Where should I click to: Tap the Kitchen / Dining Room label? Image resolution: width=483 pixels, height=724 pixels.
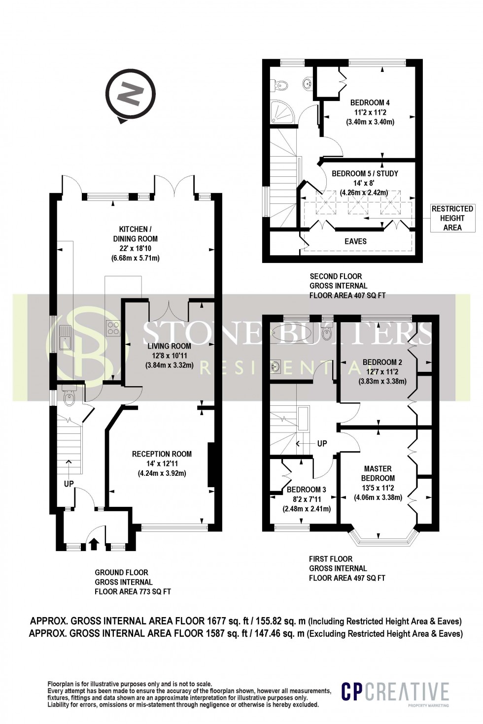136,243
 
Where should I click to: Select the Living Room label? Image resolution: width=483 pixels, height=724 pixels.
169,356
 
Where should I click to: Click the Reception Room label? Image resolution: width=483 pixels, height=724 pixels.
162,463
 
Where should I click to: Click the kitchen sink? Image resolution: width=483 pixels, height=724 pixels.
66,337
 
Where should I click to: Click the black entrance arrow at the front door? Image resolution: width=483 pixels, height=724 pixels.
94,544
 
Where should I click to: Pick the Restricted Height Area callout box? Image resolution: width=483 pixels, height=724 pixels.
452,218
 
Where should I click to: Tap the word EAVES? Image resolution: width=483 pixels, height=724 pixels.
355,241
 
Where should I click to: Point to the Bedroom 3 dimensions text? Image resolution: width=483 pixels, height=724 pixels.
307,504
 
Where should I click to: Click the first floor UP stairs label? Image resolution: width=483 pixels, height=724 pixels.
322,443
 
